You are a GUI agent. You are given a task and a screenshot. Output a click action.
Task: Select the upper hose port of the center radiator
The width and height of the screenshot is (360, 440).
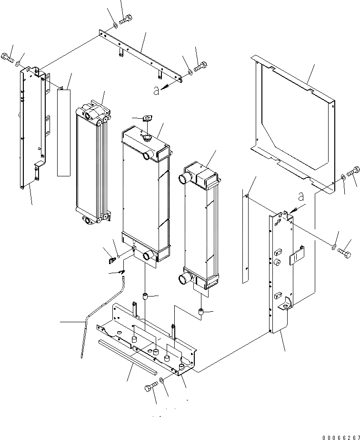146,155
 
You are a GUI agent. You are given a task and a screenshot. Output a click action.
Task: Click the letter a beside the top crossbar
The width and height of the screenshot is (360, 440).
156,91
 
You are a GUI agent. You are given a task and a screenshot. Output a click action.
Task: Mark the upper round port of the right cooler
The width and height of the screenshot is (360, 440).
185,179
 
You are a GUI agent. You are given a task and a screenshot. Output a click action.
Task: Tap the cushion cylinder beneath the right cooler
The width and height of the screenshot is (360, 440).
201,312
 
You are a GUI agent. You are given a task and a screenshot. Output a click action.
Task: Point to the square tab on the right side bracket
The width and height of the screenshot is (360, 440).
296,257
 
